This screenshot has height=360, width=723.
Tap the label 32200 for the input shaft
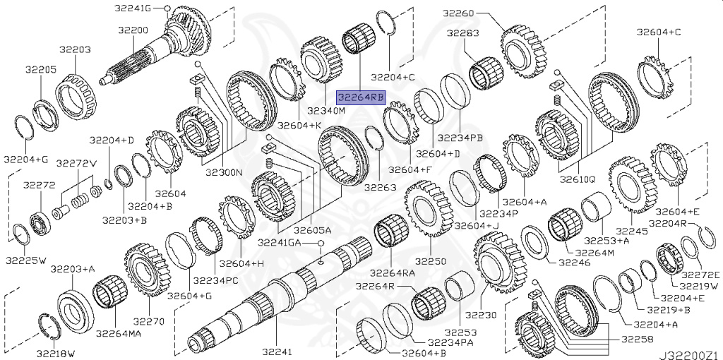point(133,30)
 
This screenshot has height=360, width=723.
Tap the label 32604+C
point(658,32)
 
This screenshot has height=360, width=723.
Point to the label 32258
point(638,340)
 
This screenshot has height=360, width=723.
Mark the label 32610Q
point(578,179)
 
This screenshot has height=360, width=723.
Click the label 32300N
point(225,170)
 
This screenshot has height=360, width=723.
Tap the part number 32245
point(631,231)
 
